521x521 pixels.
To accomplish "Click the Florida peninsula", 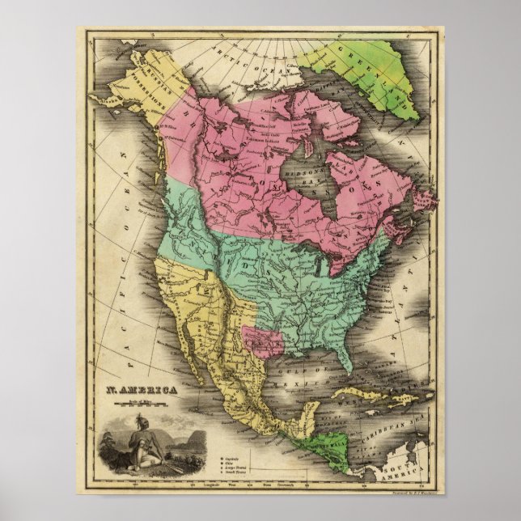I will tap(349, 357).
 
